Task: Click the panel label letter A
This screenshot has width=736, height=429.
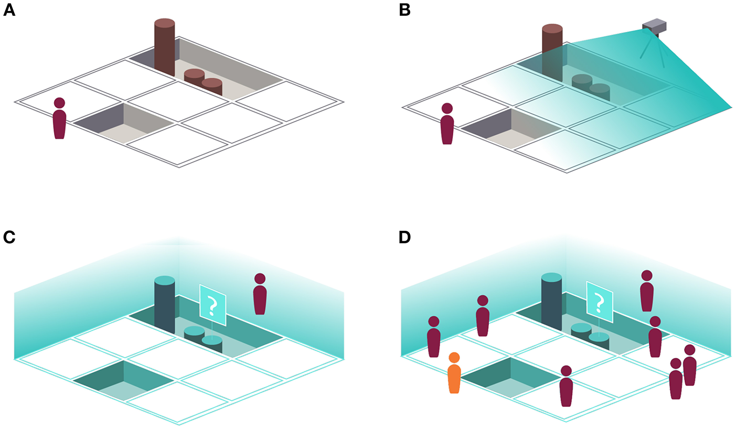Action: (9, 10)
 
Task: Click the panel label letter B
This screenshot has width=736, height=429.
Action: (404, 10)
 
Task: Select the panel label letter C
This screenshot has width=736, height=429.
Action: (9, 237)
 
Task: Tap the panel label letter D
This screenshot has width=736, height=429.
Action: (405, 237)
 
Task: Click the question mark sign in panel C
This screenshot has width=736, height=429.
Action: (212, 304)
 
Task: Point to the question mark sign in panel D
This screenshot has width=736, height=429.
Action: (600, 301)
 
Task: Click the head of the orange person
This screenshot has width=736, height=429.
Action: (454, 358)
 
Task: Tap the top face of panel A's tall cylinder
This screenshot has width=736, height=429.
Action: (164, 23)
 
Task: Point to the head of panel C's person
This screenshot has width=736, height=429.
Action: (260, 278)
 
